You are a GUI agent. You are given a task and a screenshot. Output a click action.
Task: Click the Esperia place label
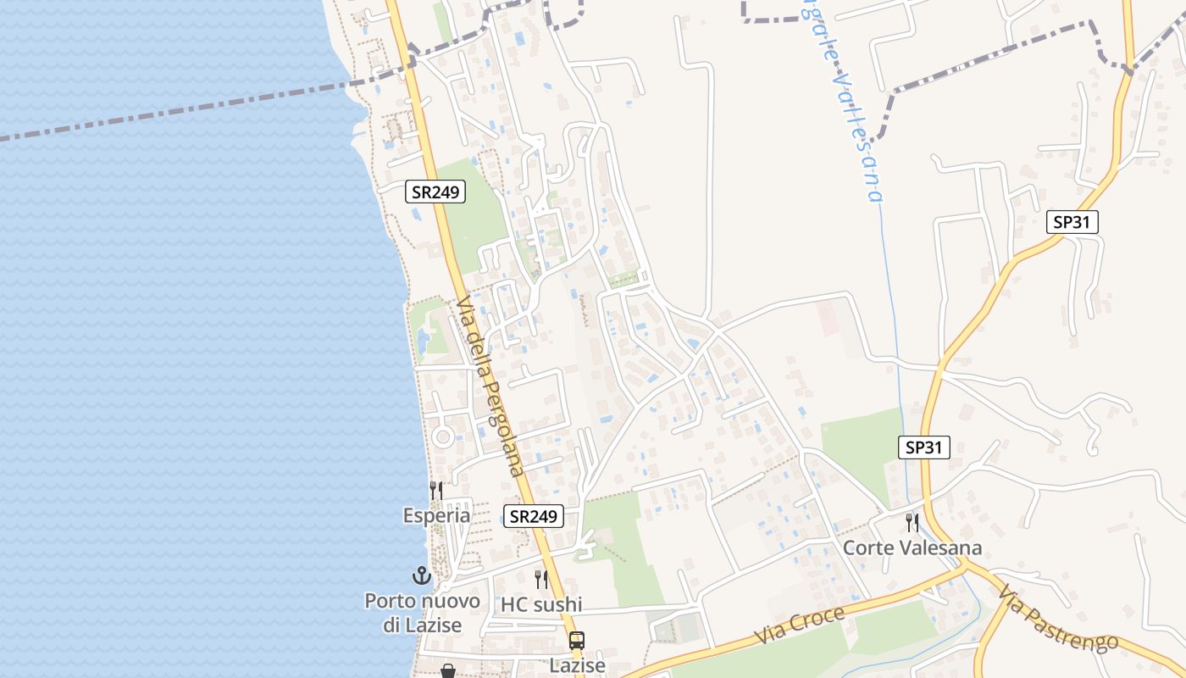click(x=436, y=515)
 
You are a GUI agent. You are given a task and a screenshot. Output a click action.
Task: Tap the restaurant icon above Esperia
click(x=435, y=490)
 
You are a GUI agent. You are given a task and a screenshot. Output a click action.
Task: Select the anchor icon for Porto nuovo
click(x=421, y=576)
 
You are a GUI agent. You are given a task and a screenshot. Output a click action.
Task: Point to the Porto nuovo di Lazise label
click(x=422, y=613)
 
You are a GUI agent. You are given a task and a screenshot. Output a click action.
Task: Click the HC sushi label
click(x=541, y=604)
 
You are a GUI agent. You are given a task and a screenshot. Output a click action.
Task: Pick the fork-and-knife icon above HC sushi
click(x=540, y=580)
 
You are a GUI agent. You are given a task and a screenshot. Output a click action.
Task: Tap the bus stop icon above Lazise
click(x=577, y=641)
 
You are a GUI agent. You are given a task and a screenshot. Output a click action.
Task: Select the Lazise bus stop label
click(x=577, y=665)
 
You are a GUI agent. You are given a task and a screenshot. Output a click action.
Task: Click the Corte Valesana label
click(x=912, y=547)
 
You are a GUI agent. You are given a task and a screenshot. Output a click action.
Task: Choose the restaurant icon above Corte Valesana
click(x=912, y=522)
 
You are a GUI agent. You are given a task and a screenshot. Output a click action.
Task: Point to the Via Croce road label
click(x=800, y=625)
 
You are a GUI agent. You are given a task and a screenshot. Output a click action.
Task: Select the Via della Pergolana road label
click(x=490, y=386)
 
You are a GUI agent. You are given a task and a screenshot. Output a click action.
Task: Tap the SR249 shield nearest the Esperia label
click(x=534, y=515)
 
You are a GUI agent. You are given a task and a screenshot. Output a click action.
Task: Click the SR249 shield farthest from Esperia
click(x=435, y=192)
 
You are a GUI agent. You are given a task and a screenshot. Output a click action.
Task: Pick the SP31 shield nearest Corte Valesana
click(x=923, y=447)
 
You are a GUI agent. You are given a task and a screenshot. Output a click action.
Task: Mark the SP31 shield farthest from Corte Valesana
click(x=1072, y=223)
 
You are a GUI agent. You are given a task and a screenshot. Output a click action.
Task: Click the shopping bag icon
click(x=448, y=671)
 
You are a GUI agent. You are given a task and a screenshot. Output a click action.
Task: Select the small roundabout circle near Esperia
click(x=442, y=437)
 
